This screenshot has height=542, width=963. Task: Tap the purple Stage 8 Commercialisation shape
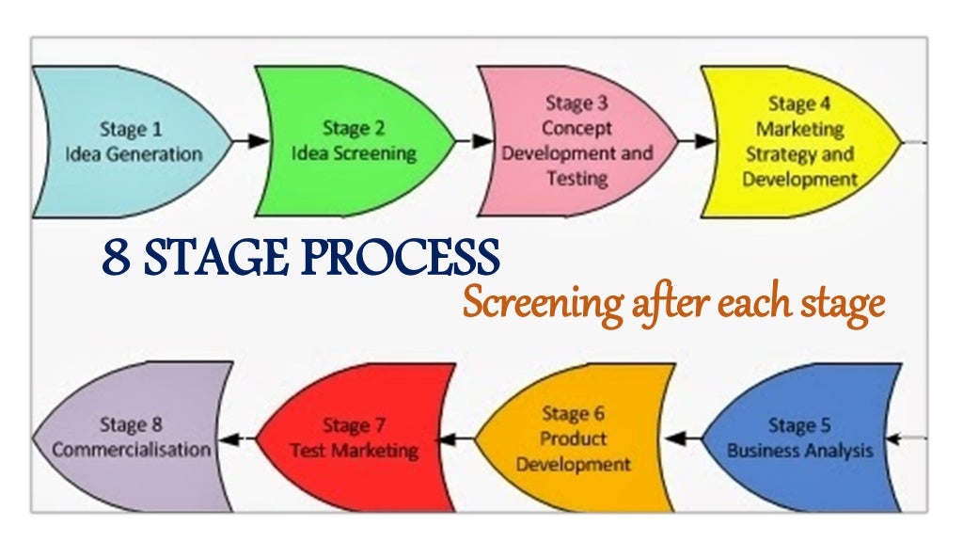pos(132,438)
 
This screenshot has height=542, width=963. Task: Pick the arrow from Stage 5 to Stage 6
pos(685,438)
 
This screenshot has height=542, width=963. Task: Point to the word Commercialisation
pos(132,450)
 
